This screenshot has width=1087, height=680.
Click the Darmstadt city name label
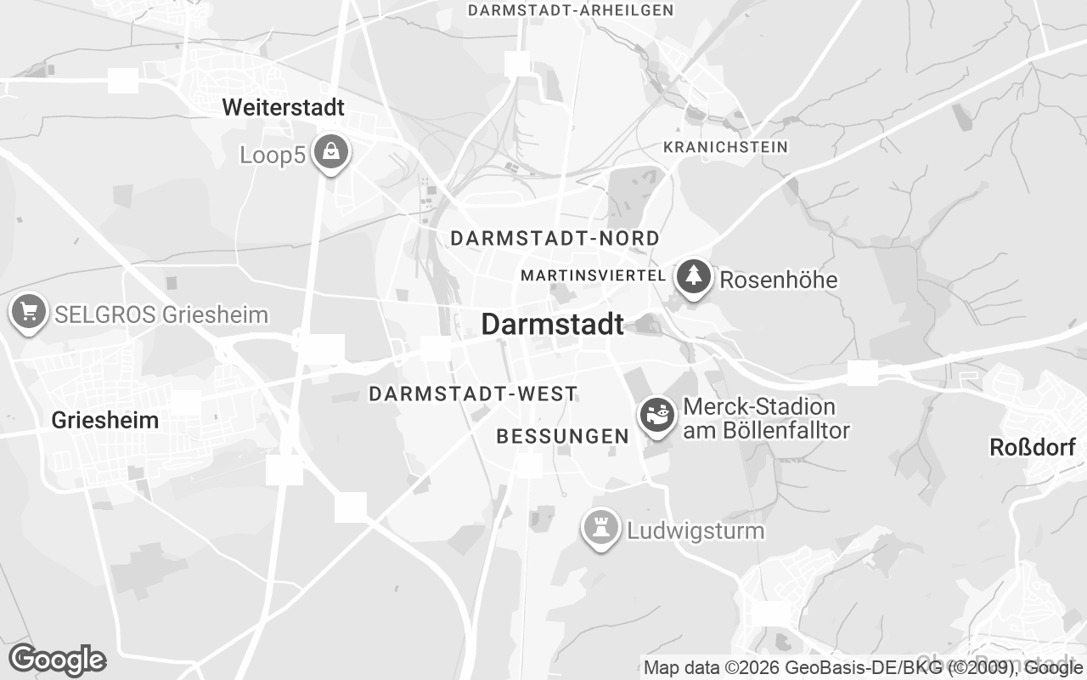coord(552,324)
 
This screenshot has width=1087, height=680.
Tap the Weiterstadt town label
coord(283,108)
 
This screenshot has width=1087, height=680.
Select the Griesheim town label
coord(105,420)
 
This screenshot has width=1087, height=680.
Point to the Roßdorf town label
coord(1033,447)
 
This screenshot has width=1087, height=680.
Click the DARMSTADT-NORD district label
coord(555,238)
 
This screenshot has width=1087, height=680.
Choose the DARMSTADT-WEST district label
coord(473,394)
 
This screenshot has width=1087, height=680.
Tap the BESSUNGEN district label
coord(562,436)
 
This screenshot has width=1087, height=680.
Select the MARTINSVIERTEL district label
coord(593,275)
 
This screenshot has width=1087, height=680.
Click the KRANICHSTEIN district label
coord(725,147)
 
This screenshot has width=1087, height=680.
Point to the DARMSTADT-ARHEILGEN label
coord(571,10)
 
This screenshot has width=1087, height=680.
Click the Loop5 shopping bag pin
coord(331,152)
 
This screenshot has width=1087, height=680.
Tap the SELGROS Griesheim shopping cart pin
coord(30,311)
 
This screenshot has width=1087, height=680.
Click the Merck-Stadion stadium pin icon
coord(657,415)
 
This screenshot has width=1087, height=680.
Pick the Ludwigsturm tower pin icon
coord(600,529)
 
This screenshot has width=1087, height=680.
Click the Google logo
coord(57,660)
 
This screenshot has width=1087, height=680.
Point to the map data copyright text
coord(863,667)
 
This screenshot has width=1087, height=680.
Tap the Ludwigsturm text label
coord(696,531)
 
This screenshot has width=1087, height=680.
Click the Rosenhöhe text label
coord(778,280)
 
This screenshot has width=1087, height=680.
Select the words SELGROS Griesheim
coord(161,314)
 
